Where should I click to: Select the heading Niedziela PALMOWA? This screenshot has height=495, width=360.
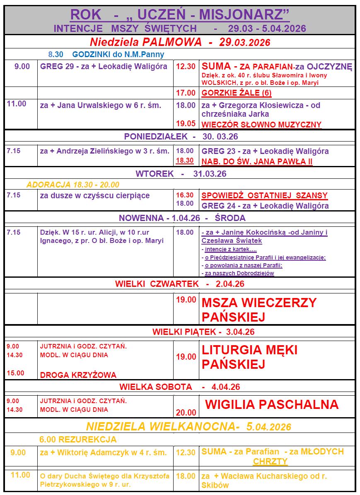(x=146, y=42)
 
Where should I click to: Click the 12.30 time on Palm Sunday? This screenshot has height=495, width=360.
(x=186, y=67)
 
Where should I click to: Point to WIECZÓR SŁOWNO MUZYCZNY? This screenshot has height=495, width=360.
(x=261, y=125)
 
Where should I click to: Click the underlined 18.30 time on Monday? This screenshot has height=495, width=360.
(x=185, y=161)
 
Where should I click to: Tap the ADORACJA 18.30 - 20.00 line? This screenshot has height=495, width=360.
(x=73, y=185)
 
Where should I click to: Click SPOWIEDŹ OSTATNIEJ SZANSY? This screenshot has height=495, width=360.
(x=264, y=195)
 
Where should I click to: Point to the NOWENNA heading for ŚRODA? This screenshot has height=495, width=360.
(x=182, y=218)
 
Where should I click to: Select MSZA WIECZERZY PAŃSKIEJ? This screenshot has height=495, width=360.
(x=259, y=310)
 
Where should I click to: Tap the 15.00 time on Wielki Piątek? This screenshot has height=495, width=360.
(x=15, y=373)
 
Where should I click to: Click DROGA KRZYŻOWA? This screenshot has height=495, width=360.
(x=78, y=375)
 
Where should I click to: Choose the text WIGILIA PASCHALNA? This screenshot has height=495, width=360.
(x=272, y=404)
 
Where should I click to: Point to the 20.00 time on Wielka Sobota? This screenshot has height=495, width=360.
(x=186, y=412)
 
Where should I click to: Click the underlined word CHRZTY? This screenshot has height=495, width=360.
(x=271, y=461)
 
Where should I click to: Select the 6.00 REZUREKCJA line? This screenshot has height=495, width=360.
(x=78, y=440)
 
